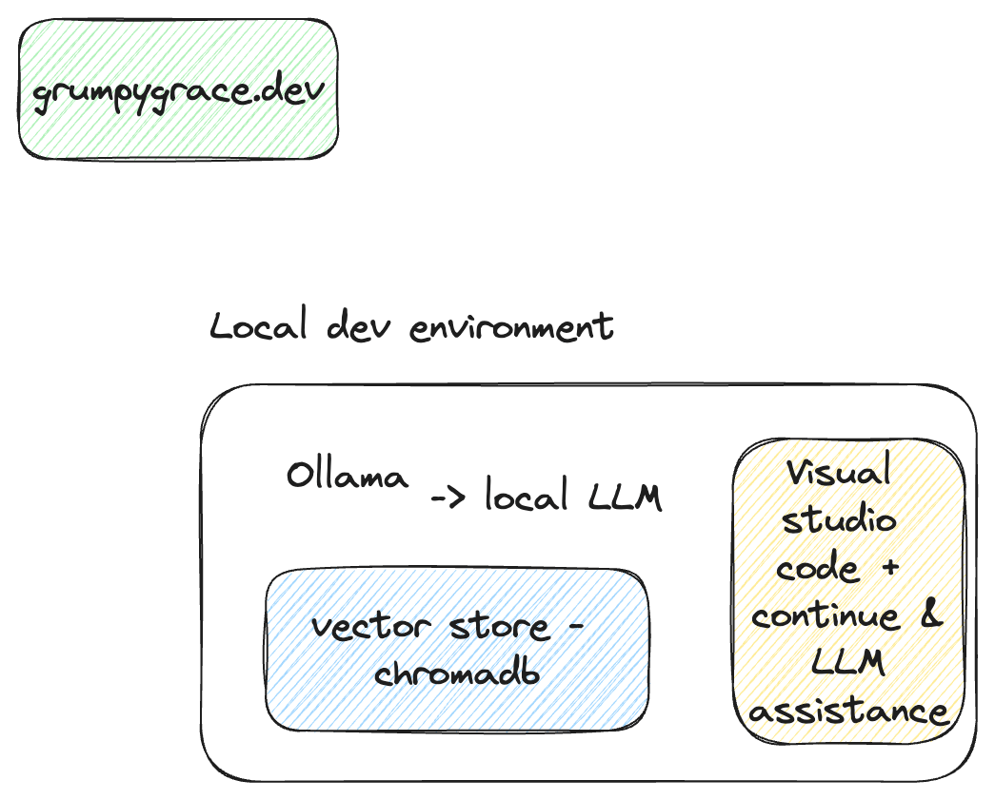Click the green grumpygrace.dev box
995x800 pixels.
[x=178, y=88]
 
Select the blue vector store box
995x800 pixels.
[x=457, y=650]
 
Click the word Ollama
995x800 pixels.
[x=348, y=476]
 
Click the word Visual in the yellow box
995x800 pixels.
[x=837, y=472]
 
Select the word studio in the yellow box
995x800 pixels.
[x=837, y=519]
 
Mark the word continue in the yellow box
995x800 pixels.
[x=825, y=615]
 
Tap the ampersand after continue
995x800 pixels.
[x=930, y=614]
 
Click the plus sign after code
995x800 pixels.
[x=890, y=569]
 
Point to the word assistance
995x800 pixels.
[x=848, y=712]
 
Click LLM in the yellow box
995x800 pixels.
[x=847, y=663]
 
